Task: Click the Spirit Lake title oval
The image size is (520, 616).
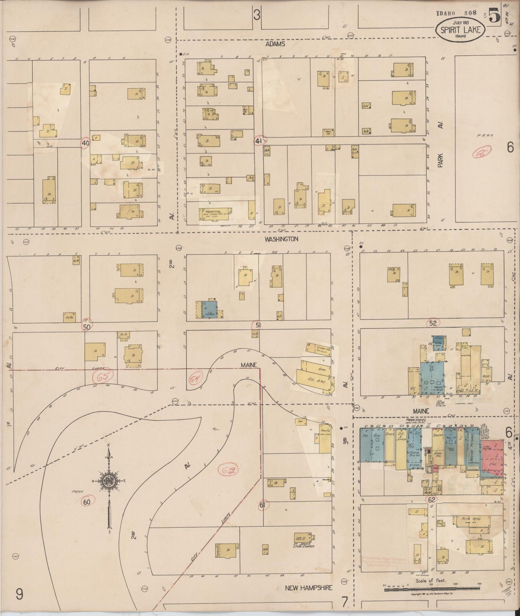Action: click(x=460, y=28)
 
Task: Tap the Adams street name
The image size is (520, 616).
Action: click(x=275, y=44)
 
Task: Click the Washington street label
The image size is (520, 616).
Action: click(x=281, y=239)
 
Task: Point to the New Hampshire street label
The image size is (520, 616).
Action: click(x=308, y=588)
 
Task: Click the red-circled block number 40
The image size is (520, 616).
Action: click(x=85, y=143)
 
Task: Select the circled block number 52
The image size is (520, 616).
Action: click(x=433, y=323)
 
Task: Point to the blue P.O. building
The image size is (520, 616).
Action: click(x=366, y=444)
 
